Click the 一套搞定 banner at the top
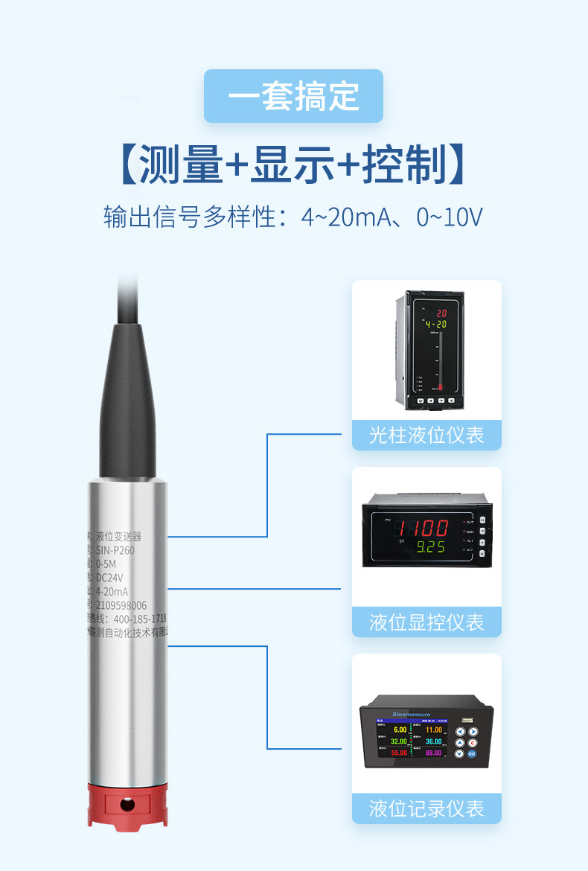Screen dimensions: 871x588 tap(293, 96)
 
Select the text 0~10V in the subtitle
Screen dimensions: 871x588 tap(450, 217)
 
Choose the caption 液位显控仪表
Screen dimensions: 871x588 tap(426, 622)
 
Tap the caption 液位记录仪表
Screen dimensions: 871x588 tap(426, 808)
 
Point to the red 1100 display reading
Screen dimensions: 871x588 tap(421, 529)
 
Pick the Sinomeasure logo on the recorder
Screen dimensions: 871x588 tap(416, 713)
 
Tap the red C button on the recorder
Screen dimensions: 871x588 tap(471, 742)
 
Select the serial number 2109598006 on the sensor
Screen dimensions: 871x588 tap(121, 605)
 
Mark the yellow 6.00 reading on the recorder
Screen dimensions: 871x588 tap(400, 730)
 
